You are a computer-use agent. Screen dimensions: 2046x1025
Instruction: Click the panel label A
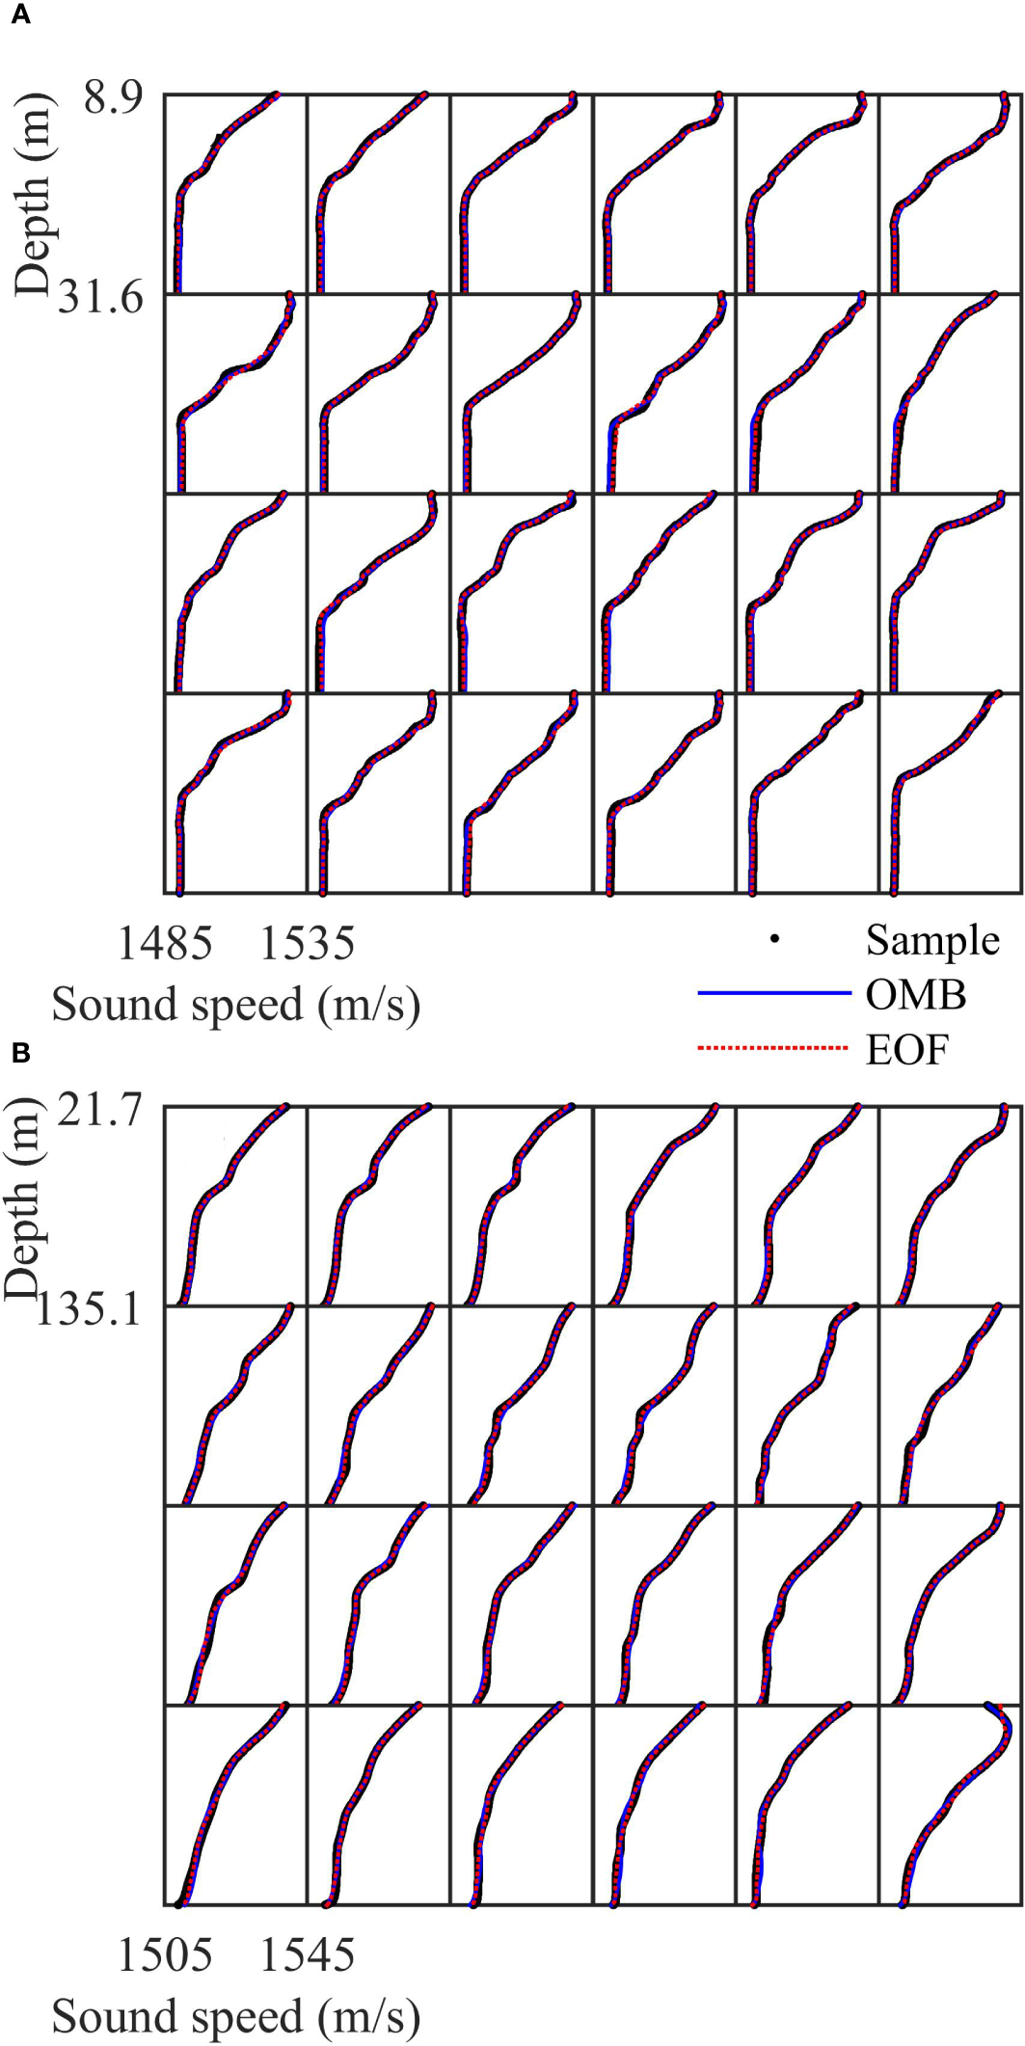pos(20,16)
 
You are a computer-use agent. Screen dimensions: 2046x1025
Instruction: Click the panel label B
pos(20,1053)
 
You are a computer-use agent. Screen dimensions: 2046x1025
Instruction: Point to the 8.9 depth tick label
pos(113,96)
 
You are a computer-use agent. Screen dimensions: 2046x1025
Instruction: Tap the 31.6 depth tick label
pos(100,297)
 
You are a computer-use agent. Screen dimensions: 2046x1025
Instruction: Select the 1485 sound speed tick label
pos(164,942)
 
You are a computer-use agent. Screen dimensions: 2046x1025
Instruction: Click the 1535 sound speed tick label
pos(308,942)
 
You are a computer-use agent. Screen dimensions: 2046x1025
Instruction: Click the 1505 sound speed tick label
pos(164,1954)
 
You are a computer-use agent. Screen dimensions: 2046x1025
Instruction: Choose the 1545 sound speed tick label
pos(308,1954)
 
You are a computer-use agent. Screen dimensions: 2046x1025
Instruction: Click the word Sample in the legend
pos(931,940)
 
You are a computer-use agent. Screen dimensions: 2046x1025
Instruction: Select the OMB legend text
pos(915,994)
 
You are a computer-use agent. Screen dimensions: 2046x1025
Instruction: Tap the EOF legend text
pos(906,1049)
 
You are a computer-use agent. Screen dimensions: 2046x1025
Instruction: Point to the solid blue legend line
pos(773,994)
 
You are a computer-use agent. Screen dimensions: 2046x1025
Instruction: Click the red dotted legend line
pos(773,1048)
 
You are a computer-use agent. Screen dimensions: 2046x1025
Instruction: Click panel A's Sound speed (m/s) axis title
pos(236,1005)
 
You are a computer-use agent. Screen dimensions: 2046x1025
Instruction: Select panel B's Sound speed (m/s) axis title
pos(236,2016)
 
